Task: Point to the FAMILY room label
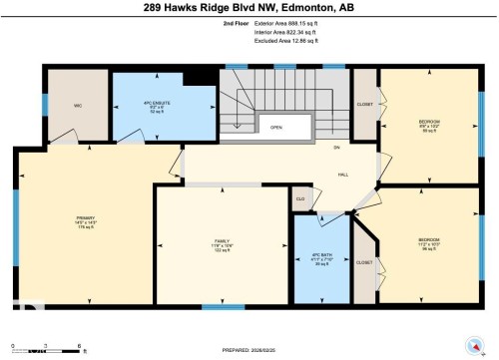point(223,242)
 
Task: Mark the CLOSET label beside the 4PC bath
point(364,262)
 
